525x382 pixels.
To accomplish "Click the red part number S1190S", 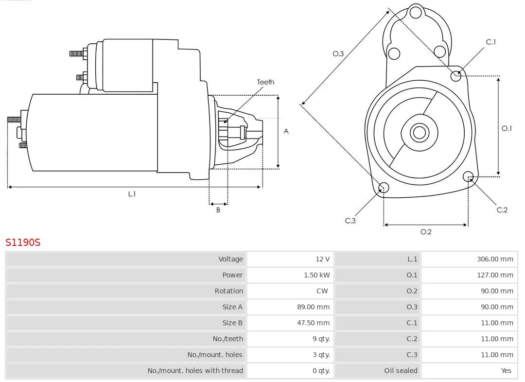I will pos(23,242).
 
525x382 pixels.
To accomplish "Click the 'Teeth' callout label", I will pos(265,82).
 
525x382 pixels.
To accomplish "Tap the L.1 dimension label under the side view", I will pos(132,194).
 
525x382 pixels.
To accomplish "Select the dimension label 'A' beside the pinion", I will pos(286,131).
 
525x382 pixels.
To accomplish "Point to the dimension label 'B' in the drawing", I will pos(218,210).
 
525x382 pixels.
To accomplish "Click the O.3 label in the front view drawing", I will pos(338,54).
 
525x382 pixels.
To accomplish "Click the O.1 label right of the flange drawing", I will pos(507,128).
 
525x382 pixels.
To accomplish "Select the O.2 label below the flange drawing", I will pos(426,232).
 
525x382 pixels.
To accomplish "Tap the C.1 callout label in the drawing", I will pos(491,42).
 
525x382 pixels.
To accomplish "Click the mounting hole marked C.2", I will pos(468,176).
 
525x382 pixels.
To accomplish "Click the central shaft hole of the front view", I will pos(419,132).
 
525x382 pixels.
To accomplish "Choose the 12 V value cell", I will pos(322,259).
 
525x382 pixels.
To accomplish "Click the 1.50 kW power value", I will pos(316,275).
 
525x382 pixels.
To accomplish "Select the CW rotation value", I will pos(322,291).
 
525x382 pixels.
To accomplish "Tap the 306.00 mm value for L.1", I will pos(495,259).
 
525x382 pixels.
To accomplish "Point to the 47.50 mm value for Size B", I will pos(313,323).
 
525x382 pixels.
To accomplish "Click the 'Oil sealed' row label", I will pos(401,371).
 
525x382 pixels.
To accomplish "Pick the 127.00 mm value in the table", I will pos(495,275).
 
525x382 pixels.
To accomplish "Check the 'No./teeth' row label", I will pos(227,339).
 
